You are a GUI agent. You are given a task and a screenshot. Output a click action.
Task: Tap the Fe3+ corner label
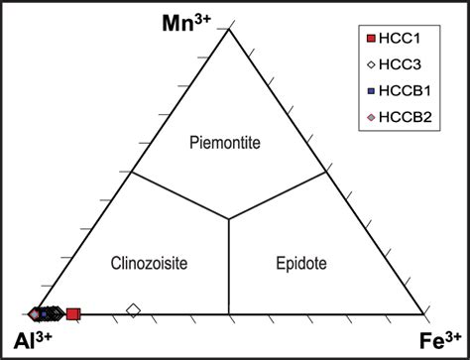click(441, 340)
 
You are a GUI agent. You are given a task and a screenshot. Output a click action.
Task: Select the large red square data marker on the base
click(72, 314)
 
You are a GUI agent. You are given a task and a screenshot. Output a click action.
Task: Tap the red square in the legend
click(370, 39)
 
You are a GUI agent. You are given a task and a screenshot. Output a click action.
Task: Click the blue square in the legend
click(370, 91)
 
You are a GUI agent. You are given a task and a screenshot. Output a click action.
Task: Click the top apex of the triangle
click(229, 28)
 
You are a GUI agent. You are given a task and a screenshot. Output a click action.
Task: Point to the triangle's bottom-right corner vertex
click(428, 315)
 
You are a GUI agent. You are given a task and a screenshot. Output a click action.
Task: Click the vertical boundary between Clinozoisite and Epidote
click(229, 268)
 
